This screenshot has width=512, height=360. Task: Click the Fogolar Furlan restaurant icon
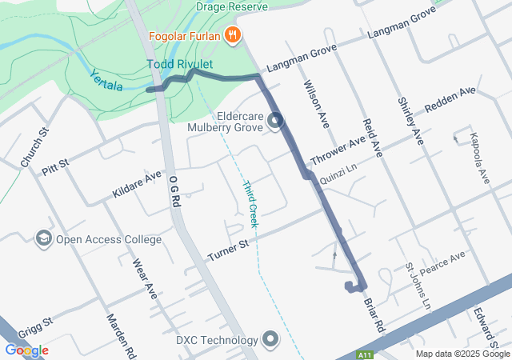(233, 34)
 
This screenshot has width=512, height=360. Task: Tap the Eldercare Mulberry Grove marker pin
(276, 122)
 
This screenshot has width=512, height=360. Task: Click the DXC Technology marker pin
(271, 339)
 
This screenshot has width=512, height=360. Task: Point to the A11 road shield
(366, 353)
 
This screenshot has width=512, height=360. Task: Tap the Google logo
(26, 350)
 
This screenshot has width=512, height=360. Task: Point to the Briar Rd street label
(374, 315)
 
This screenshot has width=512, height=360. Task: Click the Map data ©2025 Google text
(462, 354)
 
